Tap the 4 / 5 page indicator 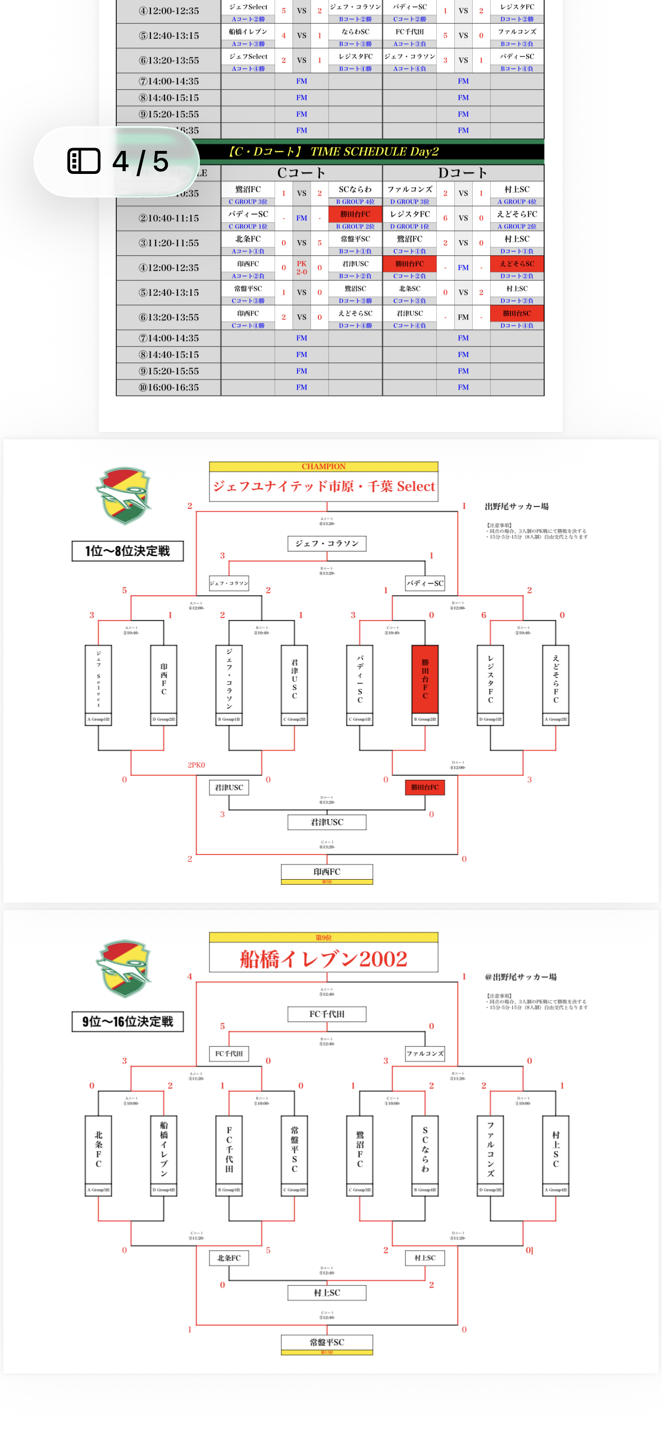pyautogui.click(x=140, y=162)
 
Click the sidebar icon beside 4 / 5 pyautogui.click(x=84, y=161)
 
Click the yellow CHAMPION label pyautogui.click(x=323, y=466)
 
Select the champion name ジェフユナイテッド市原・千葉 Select pyautogui.click(x=323, y=486)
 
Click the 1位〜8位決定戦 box pyautogui.click(x=127, y=551)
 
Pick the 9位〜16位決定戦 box pyautogui.click(x=127, y=1021)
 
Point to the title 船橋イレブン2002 pyautogui.click(x=323, y=958)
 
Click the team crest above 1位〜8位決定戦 pyautogui.click(x=124, y=495)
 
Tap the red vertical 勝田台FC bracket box pyautogui.click(x=425, y=679)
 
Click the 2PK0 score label pyautogui.click(x=196, y=765)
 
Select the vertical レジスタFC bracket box pyautogui.click(x=490, y=679)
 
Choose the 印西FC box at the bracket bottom pyautogui.click(x=327, y=871)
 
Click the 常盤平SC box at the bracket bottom pyautogui.click(x=327, y=1342)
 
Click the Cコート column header pyautogui.click(x=301, y=173)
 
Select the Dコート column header pyautogui.click(x=463, y=173)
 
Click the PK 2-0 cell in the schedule pyautogui.click(x=302, y=268)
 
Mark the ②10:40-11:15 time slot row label pyautogui.click(x=168, y=218)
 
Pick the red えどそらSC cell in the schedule pyautogui.click(x=517, y=264)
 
